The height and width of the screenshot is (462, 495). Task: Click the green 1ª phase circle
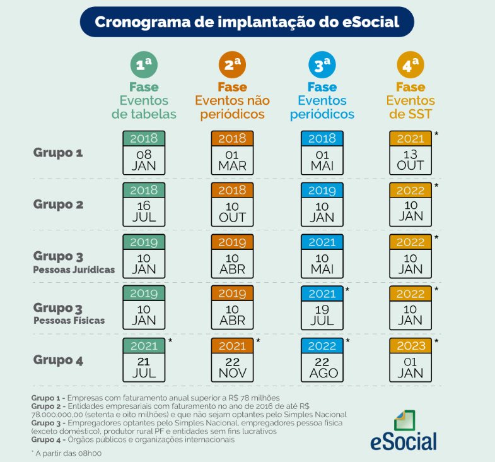144,65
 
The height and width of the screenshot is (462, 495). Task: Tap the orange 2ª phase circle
232,65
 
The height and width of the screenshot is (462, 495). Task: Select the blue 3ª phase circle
322,65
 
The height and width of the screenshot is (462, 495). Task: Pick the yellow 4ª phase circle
411,65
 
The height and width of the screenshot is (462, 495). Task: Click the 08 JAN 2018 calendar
144,153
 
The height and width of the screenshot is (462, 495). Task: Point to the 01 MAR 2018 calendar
232,153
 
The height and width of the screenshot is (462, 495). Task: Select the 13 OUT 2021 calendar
411,153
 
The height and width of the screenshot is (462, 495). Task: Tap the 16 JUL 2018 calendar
144,204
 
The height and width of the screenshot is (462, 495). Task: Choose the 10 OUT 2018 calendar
232,204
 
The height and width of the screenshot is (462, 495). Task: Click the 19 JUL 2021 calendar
322,308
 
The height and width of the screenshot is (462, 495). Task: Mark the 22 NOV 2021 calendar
232,360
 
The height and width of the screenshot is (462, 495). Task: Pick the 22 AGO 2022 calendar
322,360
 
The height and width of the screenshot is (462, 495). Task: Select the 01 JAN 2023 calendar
411,360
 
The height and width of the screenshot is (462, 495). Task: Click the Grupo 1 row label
58,153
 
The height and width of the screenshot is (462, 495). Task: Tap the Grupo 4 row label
58,360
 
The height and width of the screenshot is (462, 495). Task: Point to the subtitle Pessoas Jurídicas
74,269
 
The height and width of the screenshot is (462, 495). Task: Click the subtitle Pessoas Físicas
69,321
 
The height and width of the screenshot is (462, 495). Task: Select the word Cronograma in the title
143,22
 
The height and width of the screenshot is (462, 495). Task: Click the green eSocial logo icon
405,420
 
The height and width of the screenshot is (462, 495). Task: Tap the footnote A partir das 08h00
66,453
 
